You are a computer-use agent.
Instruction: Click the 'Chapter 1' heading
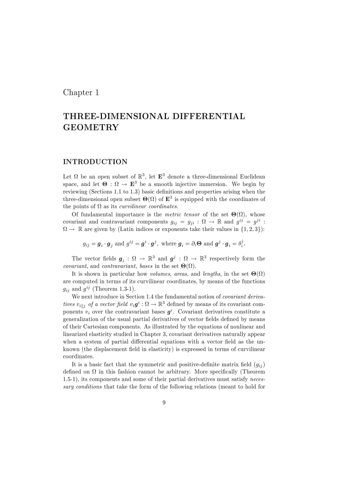[x=81, y=93]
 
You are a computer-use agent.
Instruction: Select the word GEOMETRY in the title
[x=91, y=128]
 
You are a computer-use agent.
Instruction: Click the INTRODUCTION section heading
[x=95, y=162]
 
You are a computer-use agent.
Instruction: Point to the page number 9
[x=164, y=402]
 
